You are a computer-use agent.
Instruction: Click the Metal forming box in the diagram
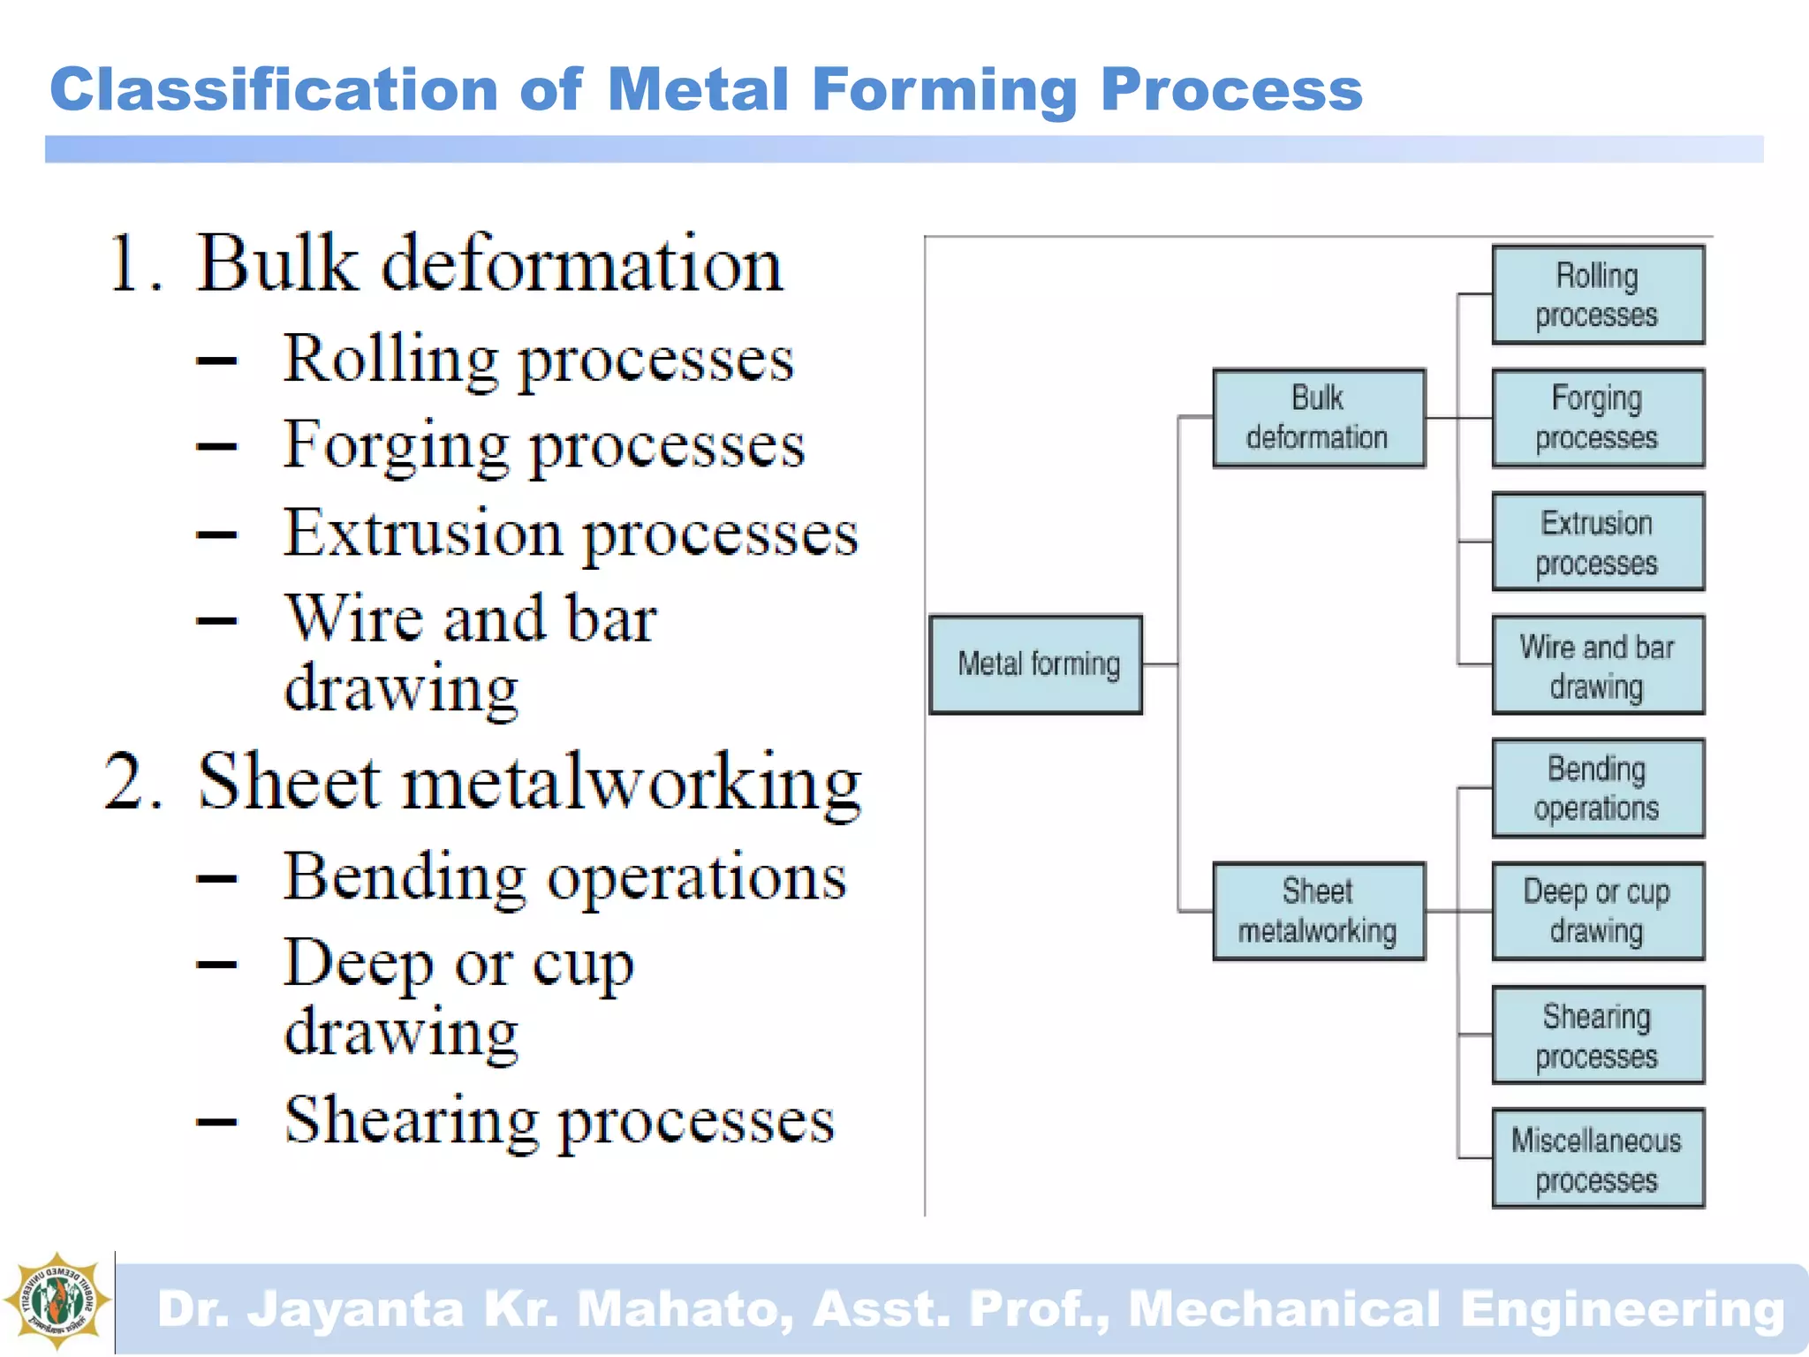(x=1035, y=664)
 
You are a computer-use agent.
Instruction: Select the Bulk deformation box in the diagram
(x=1318, y=418)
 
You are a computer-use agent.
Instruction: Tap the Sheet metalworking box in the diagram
(x=1318, y=911)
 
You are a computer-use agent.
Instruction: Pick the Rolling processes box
(x=1597, y=295)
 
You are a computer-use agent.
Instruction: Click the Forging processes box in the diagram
(x=1597, y=418)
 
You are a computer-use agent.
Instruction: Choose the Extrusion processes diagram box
(x=1597, y=542)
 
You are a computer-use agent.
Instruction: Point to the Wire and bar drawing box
(x=1597, y=664)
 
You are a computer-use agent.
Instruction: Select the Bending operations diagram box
(x=1597, y=788)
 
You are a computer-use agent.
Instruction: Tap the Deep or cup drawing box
(x=1597, y=911)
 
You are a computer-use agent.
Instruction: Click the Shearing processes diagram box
(x=1597, y=1035)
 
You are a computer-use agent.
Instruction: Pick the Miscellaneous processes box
(x=1597, y=1158)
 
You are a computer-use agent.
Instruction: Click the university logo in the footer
(x=57, y=1300)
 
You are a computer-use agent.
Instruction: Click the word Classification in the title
(x=274, y=90)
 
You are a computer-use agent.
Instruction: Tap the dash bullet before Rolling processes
(x=216, y=360)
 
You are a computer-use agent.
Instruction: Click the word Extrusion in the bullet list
(x=422, y=533)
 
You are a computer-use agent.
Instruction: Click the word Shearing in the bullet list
(x=410, y=1120)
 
